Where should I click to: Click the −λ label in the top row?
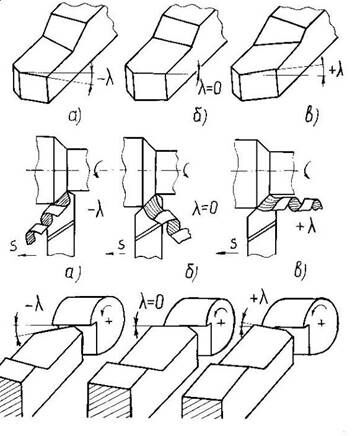(106, 80)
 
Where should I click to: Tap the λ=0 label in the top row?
(210, 88)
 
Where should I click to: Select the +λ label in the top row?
(335, 71)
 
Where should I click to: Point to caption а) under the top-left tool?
(75, 116)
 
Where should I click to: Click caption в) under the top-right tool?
(310, 117)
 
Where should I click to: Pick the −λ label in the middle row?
(95, 211)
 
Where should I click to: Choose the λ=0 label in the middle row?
(205, 209)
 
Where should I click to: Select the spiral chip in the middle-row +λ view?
(290, 203)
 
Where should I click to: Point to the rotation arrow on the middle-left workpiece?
(95, 169)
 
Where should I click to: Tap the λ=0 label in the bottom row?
(151, 303)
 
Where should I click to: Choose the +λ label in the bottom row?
(259, 298)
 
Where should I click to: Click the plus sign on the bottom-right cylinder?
(321, 323)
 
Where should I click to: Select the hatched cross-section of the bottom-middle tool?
(109, 399)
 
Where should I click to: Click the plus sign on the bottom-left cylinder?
(108, 321)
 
